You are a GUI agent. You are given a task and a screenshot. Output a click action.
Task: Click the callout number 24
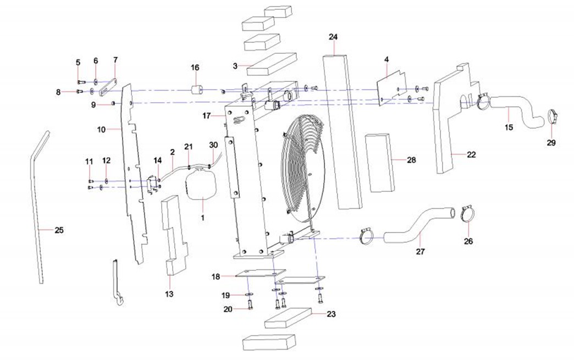[333, 37]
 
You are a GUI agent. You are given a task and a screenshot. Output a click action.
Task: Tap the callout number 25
[59, 230]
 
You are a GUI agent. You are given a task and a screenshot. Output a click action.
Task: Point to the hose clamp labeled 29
[553, 117]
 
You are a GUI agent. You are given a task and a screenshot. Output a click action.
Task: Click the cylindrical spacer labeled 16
[198, 90]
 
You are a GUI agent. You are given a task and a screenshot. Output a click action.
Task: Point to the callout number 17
[207, 116]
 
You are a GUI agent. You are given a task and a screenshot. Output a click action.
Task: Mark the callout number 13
[169, 294]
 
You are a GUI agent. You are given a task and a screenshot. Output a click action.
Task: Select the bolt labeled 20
[251, 303]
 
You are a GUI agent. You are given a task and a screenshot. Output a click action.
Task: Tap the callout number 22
[471, 154]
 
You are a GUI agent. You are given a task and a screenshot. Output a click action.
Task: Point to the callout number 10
[101, 130]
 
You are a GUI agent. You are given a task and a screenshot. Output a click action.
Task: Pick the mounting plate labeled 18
[261, 275]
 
